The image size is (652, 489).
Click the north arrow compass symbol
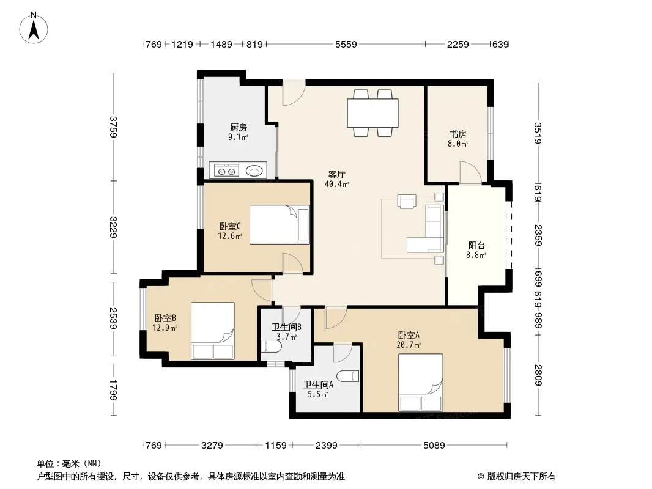pos(34,28)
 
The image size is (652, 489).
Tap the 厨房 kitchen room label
pos(239,128)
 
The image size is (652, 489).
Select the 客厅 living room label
pos(337,174)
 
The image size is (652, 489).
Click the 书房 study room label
pos(458,134)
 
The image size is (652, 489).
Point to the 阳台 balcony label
pos(476,246)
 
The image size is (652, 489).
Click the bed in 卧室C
pos(280,224)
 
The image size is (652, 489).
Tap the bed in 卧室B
pos(212,331)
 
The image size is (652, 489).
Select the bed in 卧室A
pos(420,383)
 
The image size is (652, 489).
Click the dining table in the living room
pos(372,113)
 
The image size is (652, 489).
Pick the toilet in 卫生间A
pos(347,377)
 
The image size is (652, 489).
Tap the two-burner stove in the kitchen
pos(227,171)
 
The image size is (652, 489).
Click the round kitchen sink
pos(254,171)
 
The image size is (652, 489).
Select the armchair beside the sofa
pos(407,200)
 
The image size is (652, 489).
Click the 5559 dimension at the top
pos(346,44)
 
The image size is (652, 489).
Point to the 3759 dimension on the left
pos(113,127)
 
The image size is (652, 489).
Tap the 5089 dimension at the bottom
pos(434,446)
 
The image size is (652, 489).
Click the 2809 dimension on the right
pos(538,375)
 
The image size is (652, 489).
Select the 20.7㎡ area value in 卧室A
pos(409,345)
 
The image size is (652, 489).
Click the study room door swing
pos(470,172)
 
